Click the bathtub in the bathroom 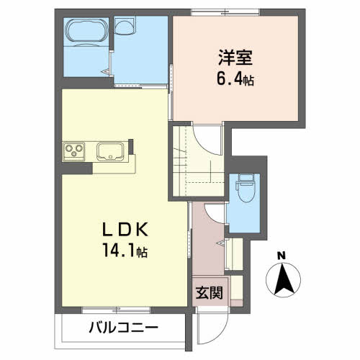[84, 32]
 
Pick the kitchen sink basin [111, 151]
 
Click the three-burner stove [74, 151]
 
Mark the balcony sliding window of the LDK [115, 310]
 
